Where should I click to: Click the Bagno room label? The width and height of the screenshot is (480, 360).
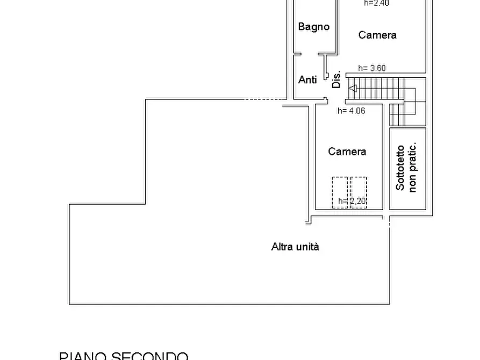pyautogui.click(x=314, y=27)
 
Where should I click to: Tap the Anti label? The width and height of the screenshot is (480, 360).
pyautogui.click(x=307, y=80)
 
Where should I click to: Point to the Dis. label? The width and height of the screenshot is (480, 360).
pyautogui.click(x=336, y=80)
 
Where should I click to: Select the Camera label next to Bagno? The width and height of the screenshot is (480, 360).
pyautogui.click(x=377, y=35)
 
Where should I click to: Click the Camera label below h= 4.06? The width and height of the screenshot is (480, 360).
pyautogui.click(x=347, y=152)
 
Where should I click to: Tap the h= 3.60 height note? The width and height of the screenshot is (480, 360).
pyautogui.click(x=372, y=68)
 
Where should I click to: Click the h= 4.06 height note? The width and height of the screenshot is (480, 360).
pyautogui.click(x=351, y=111)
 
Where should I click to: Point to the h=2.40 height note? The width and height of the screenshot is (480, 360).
pyautogui.click(x=376, y=3)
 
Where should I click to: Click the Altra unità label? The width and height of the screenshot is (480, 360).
pyautogui.click(x=295, y=247)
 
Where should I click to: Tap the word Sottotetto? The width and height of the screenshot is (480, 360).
pyautogui.click(x=400, y=168)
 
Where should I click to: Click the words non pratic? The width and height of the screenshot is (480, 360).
pyautogui.click(x=413, y=168)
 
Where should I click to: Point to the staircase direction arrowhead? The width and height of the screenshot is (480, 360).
pyautogui.click(x=352, y=88)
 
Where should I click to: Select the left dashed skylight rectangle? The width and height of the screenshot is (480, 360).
pyautogui.click(x=340, y=192)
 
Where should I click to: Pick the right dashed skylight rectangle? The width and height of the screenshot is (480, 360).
pyautogui.click(x=359, y=192)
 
